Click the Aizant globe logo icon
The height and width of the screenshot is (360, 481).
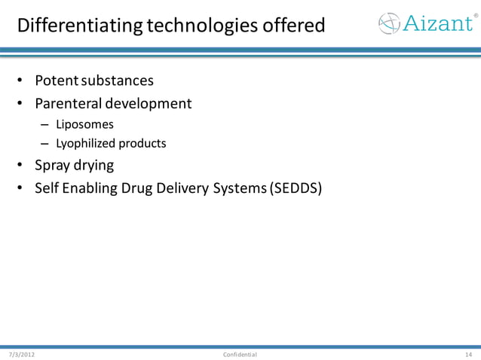click(391, 23)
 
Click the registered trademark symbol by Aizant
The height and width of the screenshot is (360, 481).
click(475, 15)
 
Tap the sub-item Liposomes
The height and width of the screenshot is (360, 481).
click(84, 124)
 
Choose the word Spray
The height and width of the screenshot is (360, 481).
click(53, 165)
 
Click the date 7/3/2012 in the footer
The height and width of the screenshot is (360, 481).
click(22, 354)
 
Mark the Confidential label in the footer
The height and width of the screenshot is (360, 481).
click(240, 354)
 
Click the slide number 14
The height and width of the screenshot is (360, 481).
click(468, 354)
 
